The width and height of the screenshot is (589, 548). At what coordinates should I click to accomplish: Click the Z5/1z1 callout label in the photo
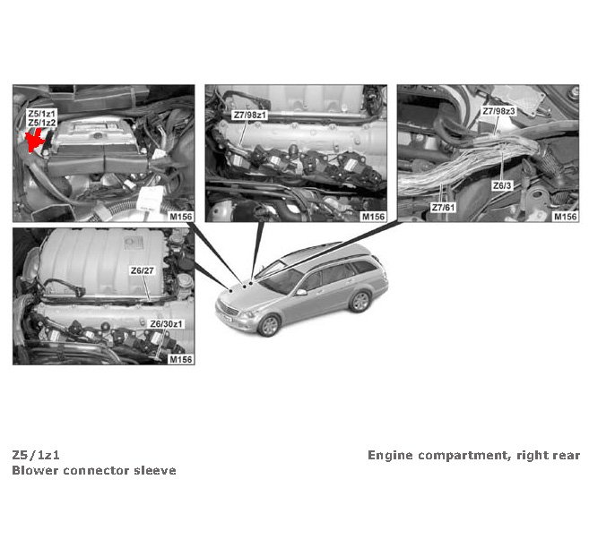(42, 114)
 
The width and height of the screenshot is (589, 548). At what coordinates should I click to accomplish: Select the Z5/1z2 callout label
(42, 123)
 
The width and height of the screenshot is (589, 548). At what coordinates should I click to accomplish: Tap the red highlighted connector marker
(36, 140)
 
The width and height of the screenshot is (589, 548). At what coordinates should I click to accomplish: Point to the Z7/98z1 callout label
(250, 116)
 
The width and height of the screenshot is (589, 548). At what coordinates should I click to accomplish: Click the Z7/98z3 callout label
(498, 111)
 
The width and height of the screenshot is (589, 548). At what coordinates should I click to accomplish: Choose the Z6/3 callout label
(502, 185)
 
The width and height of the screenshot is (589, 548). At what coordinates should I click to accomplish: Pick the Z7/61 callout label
(443, 208)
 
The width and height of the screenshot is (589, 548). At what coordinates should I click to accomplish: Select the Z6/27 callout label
(143, 270)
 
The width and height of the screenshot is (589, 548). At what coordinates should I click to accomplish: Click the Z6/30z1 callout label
(167, 324)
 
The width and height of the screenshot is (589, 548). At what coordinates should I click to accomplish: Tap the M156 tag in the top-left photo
(181, 217)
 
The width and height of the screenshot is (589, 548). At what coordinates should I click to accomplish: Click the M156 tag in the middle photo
(373, 217)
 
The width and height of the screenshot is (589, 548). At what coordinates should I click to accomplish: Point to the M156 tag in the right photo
(566, 217)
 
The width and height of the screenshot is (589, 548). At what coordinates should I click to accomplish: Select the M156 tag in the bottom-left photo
(181, 359)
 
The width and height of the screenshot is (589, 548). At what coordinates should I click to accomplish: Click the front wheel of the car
(269, 325)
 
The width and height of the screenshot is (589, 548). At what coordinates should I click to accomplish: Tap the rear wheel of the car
(359, 302)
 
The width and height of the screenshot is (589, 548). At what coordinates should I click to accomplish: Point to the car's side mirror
(301, 291)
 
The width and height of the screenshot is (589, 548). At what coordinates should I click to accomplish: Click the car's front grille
(230, 310)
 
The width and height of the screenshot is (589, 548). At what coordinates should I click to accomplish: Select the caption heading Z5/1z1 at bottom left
(36, 455)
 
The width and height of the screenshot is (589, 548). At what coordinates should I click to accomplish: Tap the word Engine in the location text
(390, 456)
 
